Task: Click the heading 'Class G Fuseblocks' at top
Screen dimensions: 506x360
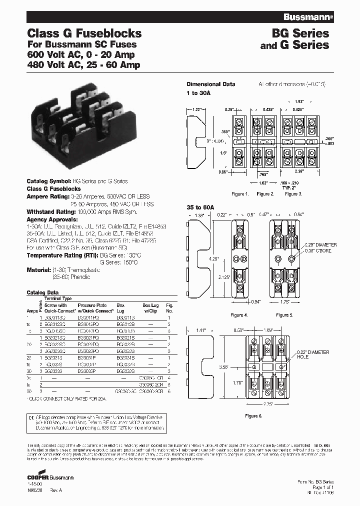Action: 83,34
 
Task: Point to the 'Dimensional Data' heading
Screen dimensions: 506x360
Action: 210,84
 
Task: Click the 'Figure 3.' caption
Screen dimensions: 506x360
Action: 293,193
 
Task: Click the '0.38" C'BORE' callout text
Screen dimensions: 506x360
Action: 323,249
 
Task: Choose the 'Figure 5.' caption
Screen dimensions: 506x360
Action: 283,315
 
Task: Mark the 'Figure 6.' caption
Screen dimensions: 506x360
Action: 254,416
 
